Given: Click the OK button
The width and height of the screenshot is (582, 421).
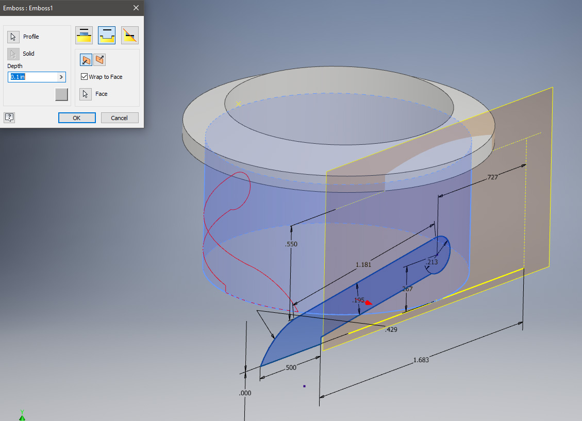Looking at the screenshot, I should pos(77,117).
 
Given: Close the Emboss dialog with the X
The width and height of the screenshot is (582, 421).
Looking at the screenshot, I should pos(136,8).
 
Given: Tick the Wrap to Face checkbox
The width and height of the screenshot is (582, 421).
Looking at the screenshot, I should pos(85,77).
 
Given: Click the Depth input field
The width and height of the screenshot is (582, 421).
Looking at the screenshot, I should pos(33,77).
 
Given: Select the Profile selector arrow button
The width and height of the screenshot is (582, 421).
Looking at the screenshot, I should pos(13,37).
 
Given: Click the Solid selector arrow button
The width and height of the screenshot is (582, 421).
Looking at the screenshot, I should pos(13,54).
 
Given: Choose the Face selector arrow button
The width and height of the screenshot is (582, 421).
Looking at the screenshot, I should pos(86,94).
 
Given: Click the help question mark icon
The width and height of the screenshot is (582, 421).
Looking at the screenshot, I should pos(9,117).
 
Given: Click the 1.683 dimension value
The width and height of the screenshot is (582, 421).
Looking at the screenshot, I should pos(421,360).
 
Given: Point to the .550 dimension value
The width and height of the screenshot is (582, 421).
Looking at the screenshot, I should pos(291,244).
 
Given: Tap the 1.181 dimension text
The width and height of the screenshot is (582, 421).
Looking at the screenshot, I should pos(363,265).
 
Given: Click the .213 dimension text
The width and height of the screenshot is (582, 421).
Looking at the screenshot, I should pos(431,262).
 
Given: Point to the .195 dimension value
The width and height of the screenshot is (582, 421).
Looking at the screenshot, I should pos(358,300).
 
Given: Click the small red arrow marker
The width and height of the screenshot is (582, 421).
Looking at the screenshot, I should pos(368,303).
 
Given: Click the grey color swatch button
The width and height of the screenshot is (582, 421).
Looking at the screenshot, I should pos(61,94).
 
